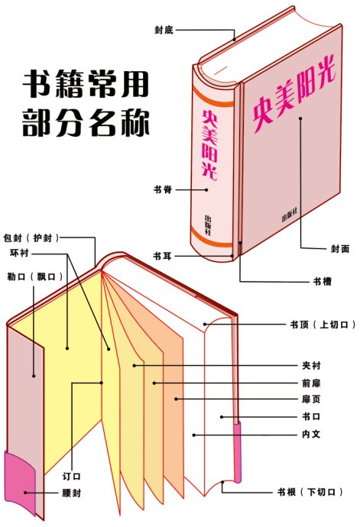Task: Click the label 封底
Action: (164, 30)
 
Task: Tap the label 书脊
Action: (163, 189)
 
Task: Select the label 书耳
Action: (163, 256)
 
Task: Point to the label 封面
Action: (340, 249)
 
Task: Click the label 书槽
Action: (323, 281)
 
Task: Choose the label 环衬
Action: (19, 253)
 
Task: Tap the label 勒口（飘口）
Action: (35, 276)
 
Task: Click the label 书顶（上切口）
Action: (323, 325)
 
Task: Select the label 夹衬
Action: (311, 365)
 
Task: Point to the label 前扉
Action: (311, 383)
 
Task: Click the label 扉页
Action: (311, 399)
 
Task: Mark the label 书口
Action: (311, 416)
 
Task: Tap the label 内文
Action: (311, 434)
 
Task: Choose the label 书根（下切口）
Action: (310, 492)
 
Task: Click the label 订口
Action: (72, 477)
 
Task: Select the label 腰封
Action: (72, 493)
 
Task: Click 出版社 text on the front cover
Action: (290, 215)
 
